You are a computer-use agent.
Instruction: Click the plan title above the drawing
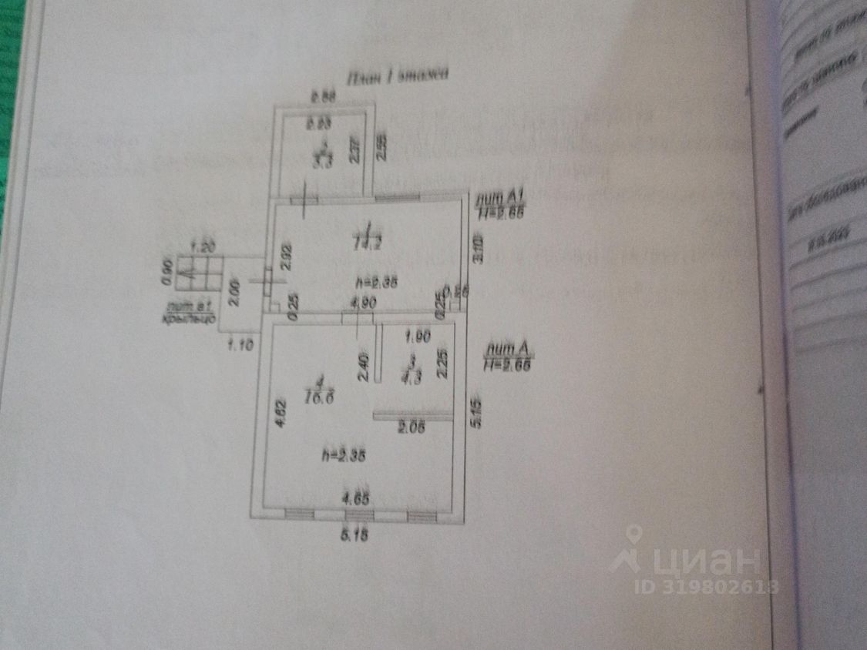398,75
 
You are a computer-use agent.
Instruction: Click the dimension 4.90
363,302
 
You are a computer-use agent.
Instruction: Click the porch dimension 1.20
201,247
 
